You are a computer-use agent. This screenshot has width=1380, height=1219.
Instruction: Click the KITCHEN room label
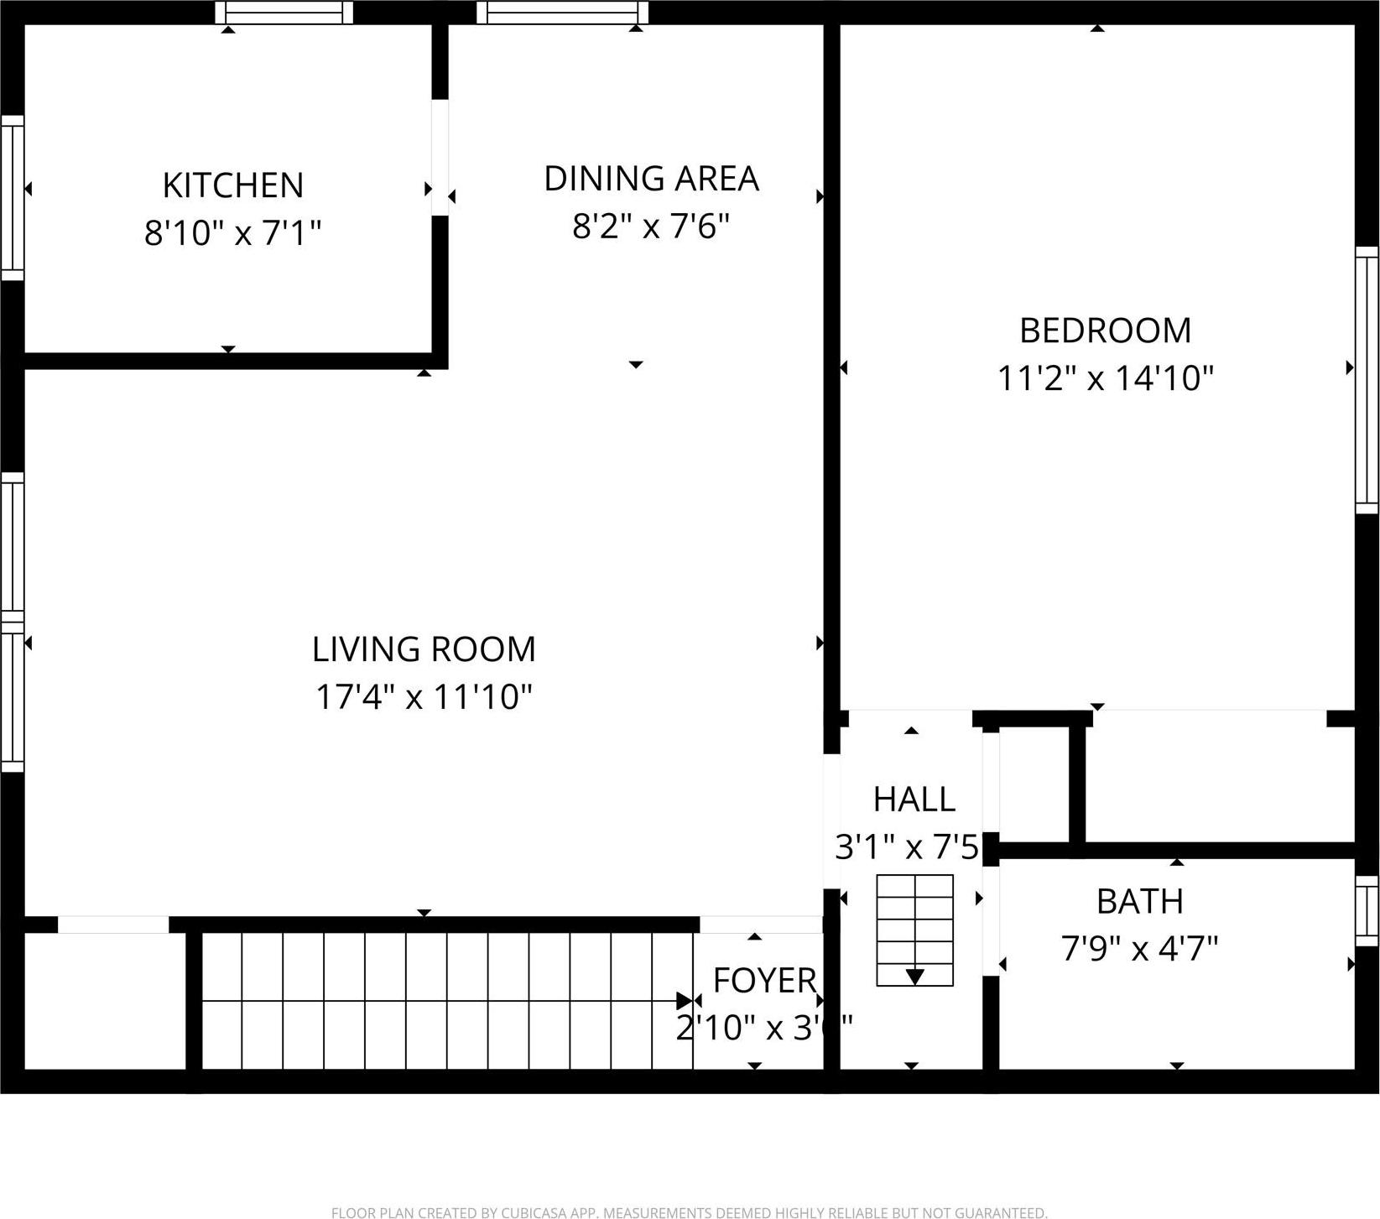(232, 185)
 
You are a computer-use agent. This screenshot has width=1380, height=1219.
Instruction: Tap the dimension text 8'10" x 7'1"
(232, 232)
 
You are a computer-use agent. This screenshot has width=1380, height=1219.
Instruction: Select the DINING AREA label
(651, 179)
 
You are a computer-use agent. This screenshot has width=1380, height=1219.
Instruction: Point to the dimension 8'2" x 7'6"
(651, 226)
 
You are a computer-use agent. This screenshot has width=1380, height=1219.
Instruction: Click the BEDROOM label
(1105, 331)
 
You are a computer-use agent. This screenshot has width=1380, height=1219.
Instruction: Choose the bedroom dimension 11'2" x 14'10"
(1105, 378)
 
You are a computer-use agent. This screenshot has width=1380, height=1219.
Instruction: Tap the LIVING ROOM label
(424, 649)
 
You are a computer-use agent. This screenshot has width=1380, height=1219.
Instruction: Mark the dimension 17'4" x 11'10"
(424, 697)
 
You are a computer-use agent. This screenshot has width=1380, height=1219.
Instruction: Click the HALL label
(914, 800)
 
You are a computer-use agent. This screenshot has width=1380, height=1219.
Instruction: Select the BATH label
(1139, 901)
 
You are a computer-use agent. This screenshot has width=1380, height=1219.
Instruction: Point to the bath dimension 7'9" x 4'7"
(1139, 949)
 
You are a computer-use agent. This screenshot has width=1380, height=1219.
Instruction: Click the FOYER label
(764, 980)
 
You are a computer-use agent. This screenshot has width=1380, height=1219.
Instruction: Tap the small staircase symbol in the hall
(914, 930)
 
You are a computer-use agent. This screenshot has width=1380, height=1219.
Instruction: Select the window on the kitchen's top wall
(284, 13)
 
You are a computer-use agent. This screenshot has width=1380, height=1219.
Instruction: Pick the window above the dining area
(562, 13)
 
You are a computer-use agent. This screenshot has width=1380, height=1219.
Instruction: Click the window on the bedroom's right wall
(1367, 379)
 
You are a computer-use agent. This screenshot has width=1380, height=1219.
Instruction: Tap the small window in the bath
(1367, 911)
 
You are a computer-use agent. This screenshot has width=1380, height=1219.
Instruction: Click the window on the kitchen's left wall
(12, 197)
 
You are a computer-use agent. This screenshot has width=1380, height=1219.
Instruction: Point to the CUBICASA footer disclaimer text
(689, 1212)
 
